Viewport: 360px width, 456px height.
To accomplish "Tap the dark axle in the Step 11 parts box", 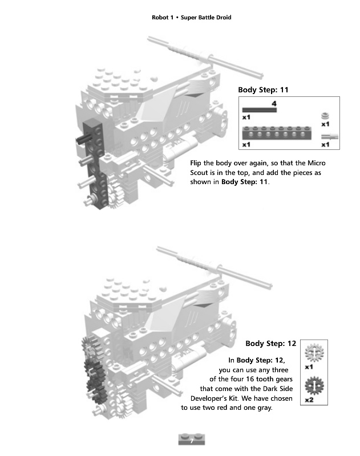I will [259, 109].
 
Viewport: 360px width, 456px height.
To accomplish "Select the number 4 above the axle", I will [274, 103].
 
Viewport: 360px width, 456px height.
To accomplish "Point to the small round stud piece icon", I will [325, 115].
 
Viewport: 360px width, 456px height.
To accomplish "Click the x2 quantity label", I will [309, 400].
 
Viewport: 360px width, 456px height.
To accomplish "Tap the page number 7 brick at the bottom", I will [191, 439].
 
